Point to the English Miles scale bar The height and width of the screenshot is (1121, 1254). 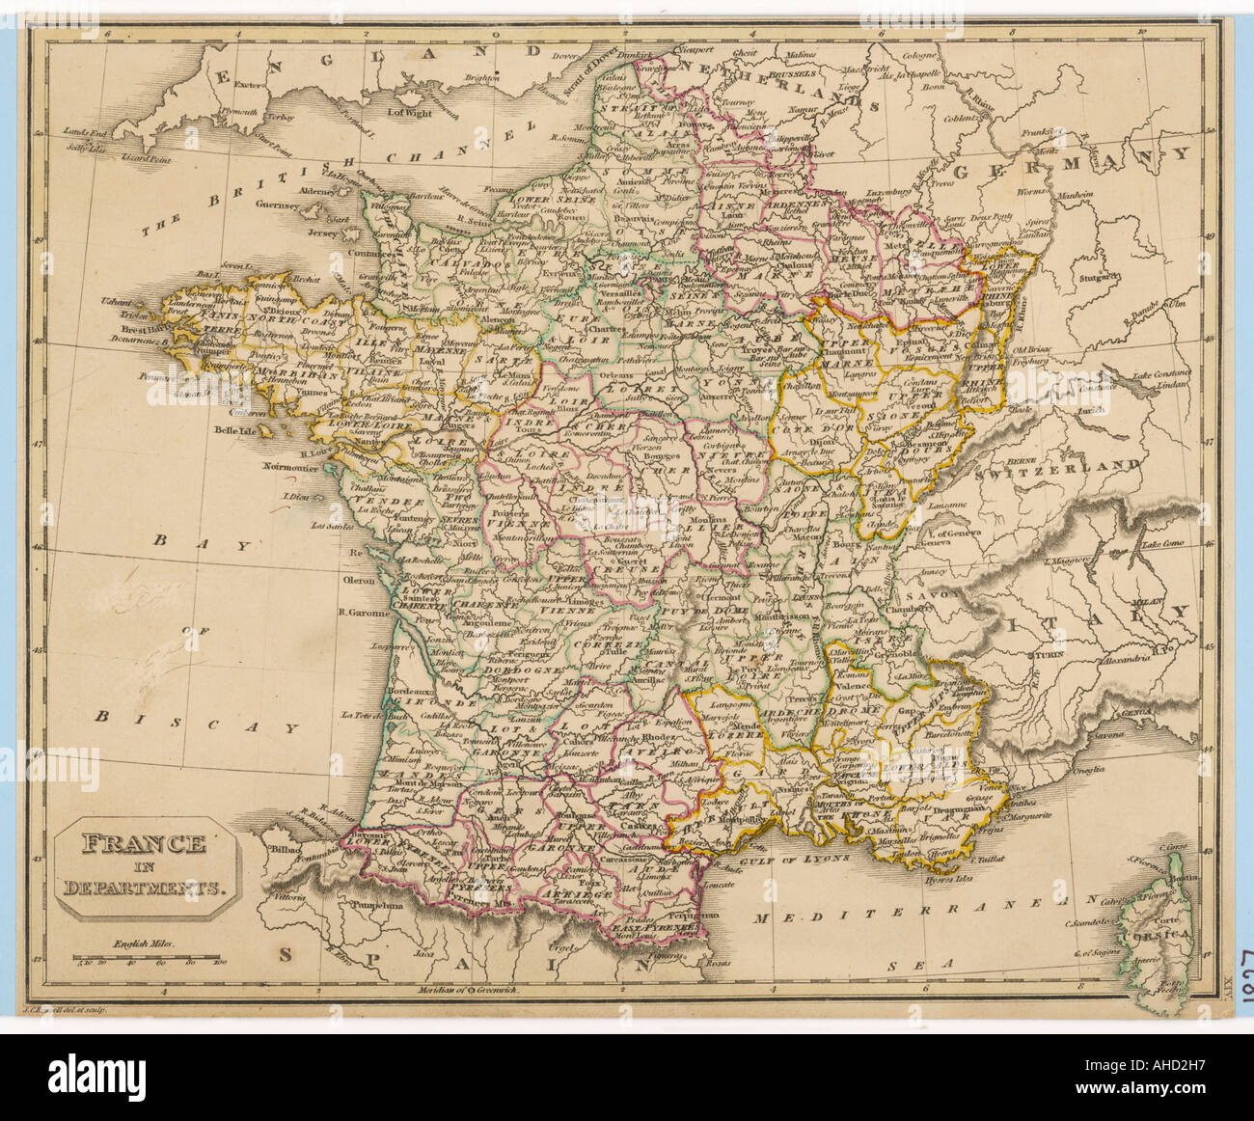point(150,961)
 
